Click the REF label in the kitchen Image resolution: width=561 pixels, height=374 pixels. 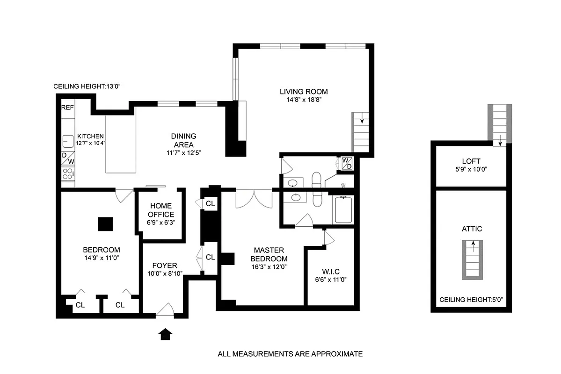point(68,107)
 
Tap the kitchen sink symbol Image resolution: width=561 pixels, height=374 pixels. point(67,140)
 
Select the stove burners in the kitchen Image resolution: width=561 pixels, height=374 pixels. point(68,174)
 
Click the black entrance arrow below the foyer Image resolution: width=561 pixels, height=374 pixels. point(166,334)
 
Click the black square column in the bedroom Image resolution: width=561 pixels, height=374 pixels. point(105,224)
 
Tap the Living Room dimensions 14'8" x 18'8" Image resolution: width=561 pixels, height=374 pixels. point(304,100)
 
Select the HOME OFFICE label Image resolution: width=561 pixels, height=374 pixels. point(161,210)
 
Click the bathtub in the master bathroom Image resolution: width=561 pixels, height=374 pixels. point(344,210)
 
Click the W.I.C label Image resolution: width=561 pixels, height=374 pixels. point(330,271)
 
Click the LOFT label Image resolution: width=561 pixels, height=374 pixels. point(472,161)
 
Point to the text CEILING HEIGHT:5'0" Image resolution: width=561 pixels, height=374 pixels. point(472,300)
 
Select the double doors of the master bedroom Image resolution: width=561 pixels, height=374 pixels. point(254,199)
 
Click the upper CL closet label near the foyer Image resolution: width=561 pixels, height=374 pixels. point(211,204)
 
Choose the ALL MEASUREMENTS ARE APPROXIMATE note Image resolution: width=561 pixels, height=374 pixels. point(290,354)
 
